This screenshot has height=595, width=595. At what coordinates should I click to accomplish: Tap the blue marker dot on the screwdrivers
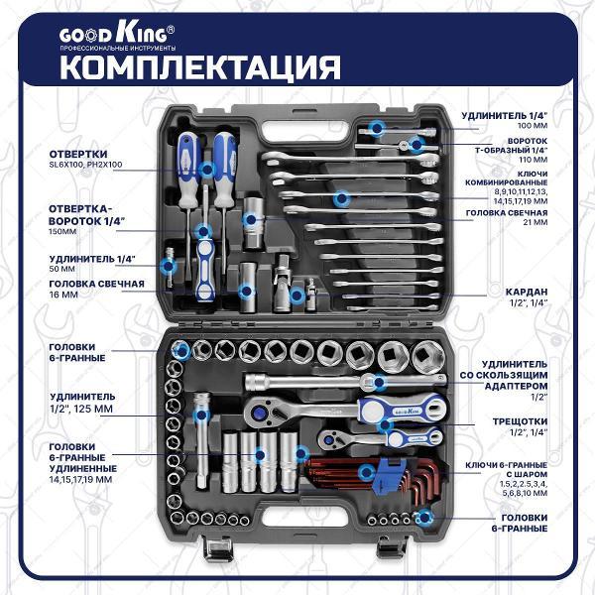206,170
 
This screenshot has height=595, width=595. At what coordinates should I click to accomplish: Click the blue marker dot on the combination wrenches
342,198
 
